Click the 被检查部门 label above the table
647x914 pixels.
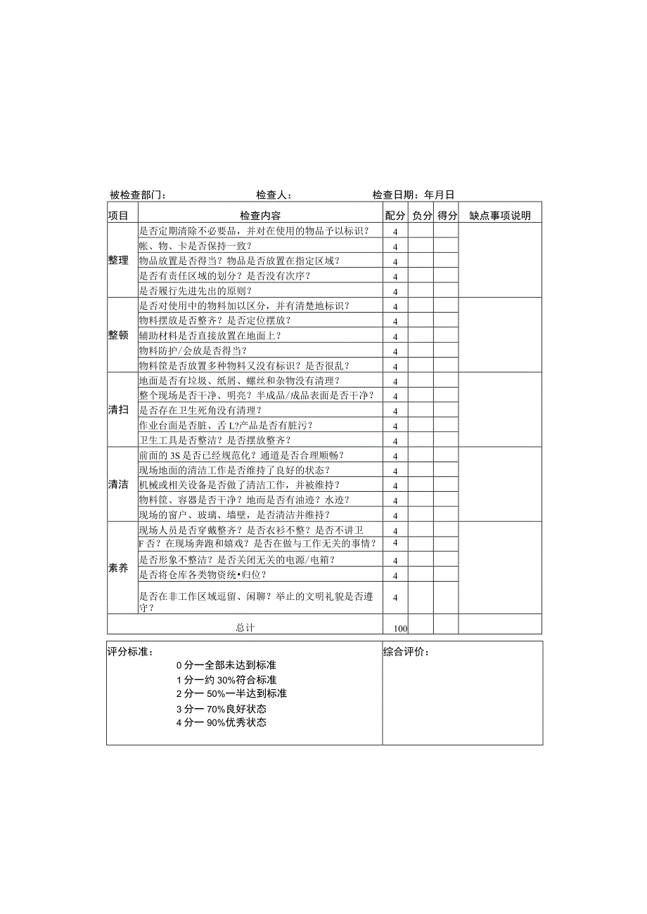(x=138, y=195)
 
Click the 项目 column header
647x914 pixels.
(x=118, y=216)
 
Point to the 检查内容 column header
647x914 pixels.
(x=260, y=216)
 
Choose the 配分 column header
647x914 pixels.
(x=395, y=216)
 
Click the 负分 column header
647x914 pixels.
(x=421, y=216)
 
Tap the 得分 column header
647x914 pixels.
(x=447, y=216)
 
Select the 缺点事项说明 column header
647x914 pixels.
(x=500, y=216)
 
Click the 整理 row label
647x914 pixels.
(x=118, y=260)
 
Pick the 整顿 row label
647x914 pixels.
(x=118, y=335)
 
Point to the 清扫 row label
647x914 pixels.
(x=118, y=410)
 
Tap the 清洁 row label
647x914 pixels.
(x=118, y=485)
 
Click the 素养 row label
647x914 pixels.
(x=118, y=568)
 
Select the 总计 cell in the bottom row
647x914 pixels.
(x=245, y=627)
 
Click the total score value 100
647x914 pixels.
(x=401, y=628)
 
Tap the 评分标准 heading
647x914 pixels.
(x=130, y=651)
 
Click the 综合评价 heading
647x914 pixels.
(x=406, y=651)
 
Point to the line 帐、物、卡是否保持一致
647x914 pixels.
(x=196, y=246)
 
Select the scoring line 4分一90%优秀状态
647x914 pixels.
(x=222, y=722)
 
